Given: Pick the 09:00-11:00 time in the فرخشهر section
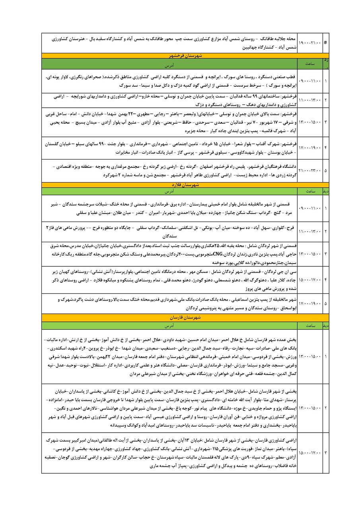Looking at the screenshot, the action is pyautogui.click(x=309, y=81).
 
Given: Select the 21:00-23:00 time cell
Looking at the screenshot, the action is pyautogui.click(x=309, y=171).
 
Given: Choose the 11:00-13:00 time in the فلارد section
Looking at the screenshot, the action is pyautogui.click(x=309, y=231).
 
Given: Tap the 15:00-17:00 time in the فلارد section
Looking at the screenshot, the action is pyautogui.click(x=309, y=280).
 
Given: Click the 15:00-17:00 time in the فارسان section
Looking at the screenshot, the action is pyautogui.click(x=309, y=452).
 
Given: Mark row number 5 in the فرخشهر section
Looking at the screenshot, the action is pyautogui.click(x=325, y=171).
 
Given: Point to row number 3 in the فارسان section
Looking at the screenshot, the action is pyautogui.click(x=325, y=452).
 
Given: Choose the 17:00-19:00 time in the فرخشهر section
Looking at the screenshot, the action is pyautogui.click(x=309, y=148).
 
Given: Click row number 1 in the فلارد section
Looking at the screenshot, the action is pyautogui.click(x=325, y=208).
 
